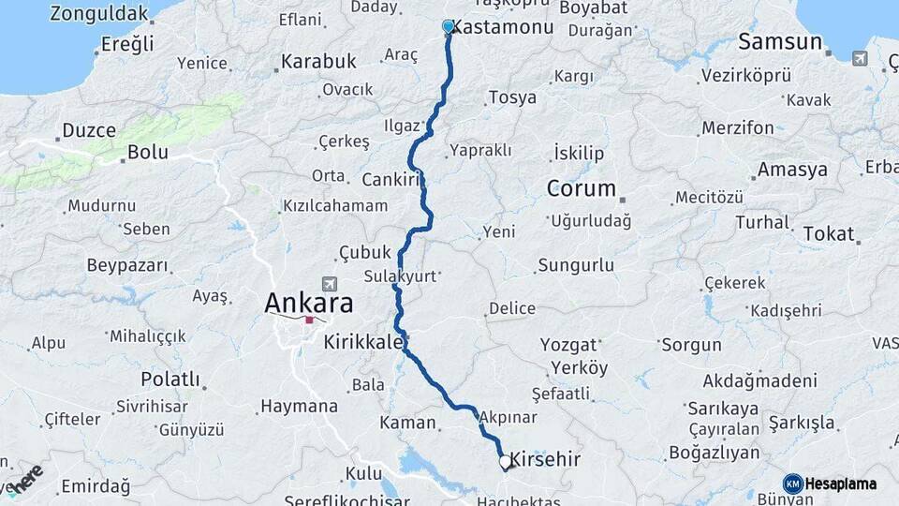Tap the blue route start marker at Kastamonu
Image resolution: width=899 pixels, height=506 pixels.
(x=449, y=27)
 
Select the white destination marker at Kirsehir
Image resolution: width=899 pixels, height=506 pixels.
(x=506, y=462)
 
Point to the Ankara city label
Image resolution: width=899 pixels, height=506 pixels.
(x=309, y=303)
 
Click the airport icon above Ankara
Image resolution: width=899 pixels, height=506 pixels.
(x=328, y=283)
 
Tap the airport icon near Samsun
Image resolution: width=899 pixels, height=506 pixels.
(x=860, y=58)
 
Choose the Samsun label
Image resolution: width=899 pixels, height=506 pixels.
(x=780, y=42)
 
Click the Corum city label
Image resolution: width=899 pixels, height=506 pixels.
(x=581, y=188)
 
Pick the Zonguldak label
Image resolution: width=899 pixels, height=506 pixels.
(x=99, y=14)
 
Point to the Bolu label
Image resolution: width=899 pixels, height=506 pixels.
(x=148, y=152)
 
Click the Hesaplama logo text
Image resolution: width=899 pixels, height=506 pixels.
(x=841, y=484)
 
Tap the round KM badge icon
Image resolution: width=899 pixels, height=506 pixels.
(x=792, y=484)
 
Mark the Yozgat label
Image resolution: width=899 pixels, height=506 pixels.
(x=568, y=345)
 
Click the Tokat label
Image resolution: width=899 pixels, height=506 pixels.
(x=828, y=233)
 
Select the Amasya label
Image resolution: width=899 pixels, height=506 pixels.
(x=792, y=170)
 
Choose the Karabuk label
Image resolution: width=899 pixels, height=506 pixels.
(x=317, y=62)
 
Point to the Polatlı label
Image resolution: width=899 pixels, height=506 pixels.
(x=170, y=379)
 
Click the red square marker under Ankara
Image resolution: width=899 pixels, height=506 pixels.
(x=309, y=320)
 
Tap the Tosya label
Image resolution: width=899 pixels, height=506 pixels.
(x=512, y=98)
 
